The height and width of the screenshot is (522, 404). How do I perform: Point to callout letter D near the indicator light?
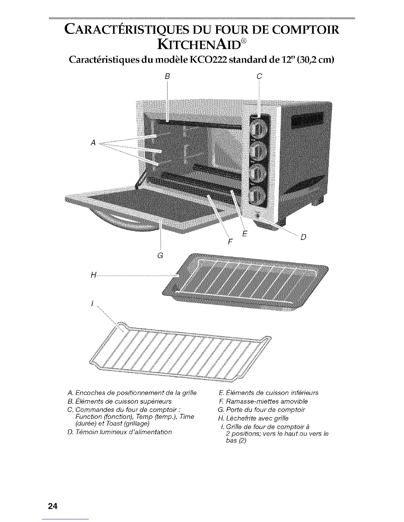[x=304, y=237]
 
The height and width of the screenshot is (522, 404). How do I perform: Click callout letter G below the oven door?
[x=161, y=255]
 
